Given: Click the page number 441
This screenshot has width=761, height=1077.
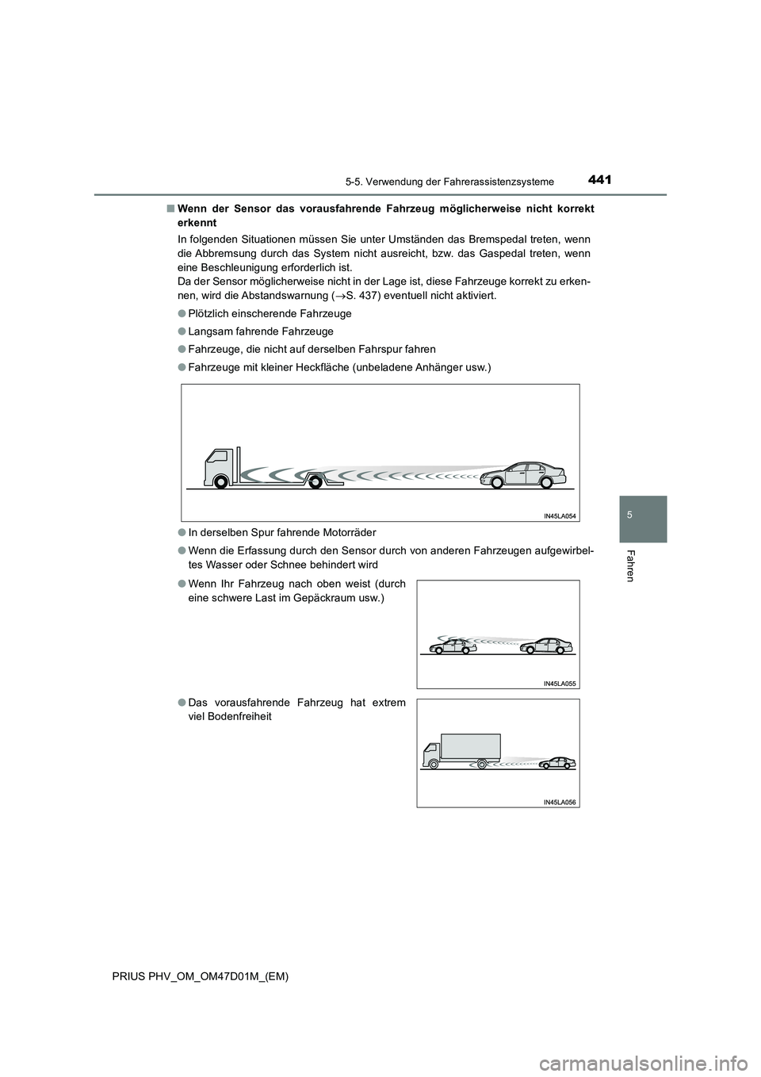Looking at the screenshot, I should pyautogui.click(x=601, y=180).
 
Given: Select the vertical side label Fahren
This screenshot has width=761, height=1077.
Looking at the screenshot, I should pyautogui.click(x=631, y=565).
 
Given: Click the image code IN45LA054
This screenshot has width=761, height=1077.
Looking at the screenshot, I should pyautogui.click(x=559, y=515).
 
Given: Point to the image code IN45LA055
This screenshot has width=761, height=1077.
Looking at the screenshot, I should pyautogui.click(x=560, y=682).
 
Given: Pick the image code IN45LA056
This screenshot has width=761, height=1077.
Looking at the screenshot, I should pyautogui.click(x=560, y=802).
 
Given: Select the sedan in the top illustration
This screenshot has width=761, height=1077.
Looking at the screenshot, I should pyautogui.click(x=525, y=475).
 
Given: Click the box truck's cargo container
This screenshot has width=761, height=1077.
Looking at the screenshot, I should pyautogui.click(x=471, y=746).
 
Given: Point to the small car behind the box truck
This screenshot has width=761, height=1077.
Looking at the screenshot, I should pyautogui.click(x=557, y=763).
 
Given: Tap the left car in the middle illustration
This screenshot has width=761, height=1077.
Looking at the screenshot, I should pyautogui.click(x=452, y=646).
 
